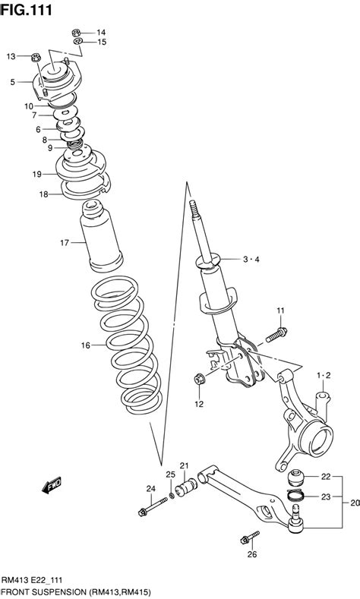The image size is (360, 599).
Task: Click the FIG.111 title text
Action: (x=26, y=10)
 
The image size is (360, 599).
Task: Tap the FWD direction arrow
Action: (x=52, y=485)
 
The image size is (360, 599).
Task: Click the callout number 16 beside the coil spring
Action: (x=85, y=345)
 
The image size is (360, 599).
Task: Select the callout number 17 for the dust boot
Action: (x=65, y=242)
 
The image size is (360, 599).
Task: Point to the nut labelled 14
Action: (x=76, y=33)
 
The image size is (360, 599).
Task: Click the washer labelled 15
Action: (x=77, y=41)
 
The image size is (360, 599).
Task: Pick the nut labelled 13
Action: (x=36, y=57)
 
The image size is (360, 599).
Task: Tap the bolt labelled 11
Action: (x=276, y=335)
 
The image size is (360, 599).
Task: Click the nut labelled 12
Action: (x=199, y=379)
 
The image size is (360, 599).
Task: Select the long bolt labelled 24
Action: (x=153, y=506)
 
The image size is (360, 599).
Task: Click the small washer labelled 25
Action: (x=172, y=495)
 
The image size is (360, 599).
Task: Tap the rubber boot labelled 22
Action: (x=295, y=478)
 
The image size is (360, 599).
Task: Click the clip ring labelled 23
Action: (x=295, y=496)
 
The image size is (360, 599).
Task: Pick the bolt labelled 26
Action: (x=250, y=537)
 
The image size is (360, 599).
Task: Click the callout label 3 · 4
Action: (x=251, y=260)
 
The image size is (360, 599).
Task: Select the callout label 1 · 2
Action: (x=324, y=376)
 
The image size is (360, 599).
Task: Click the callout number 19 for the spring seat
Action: (x=36, y=174)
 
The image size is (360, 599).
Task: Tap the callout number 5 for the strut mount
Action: (x=13, y=82)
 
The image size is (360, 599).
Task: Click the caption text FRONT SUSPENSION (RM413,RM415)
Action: (x=77, y=592)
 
